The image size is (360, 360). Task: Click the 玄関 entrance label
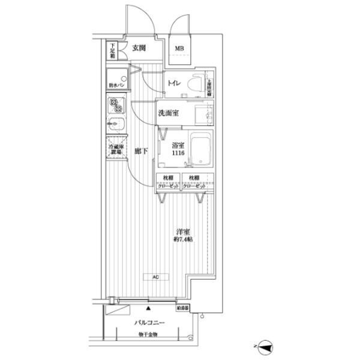[139, 49]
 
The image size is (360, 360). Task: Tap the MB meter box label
[180, 49]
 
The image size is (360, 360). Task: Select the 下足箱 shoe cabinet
[112, 51]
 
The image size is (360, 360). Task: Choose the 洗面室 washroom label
[167, 114]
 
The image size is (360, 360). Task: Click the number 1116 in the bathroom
[178, 155]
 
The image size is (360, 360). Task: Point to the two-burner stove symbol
[116, 106]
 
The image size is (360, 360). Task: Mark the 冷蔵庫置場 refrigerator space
[116, 149]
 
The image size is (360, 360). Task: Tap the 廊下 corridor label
[142, 151]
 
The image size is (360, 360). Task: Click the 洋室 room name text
[183, 231]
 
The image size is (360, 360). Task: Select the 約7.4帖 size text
[183, 240]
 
